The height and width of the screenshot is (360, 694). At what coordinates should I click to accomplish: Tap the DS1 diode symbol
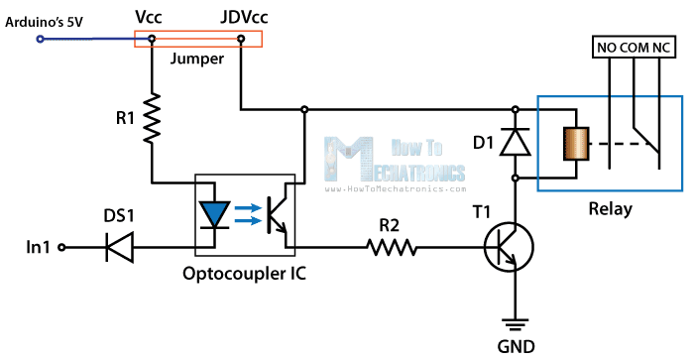[x=121, y=247]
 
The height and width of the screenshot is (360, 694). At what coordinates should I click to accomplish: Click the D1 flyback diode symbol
[x=515, y=143]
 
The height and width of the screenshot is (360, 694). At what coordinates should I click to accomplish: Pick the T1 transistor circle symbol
[x=509, y=247]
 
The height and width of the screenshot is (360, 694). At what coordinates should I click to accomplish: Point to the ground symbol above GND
[x=515, y=321]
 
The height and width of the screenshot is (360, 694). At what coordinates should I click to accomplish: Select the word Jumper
[x=196, y=59]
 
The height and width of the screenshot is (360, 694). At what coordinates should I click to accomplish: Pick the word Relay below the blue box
[x=610, y=209]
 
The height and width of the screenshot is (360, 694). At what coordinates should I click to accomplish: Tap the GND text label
[x=515, y=346]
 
